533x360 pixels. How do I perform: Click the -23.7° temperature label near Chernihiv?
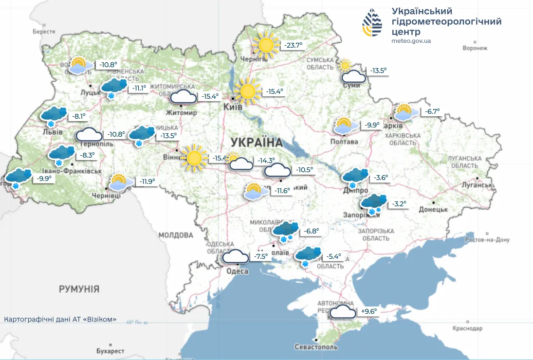294,45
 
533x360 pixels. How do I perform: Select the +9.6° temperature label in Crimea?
369,311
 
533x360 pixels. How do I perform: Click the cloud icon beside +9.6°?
343,312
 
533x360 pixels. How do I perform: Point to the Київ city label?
233,107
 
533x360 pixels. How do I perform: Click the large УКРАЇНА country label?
257,143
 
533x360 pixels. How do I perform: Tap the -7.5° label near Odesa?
261,256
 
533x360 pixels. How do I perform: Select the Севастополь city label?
316,347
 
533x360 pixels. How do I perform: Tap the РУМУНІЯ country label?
79,289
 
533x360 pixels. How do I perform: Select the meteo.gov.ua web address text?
411,41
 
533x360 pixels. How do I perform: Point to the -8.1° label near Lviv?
78,116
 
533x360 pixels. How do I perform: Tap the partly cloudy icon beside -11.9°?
120,182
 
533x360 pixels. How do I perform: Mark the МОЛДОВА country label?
176,235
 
